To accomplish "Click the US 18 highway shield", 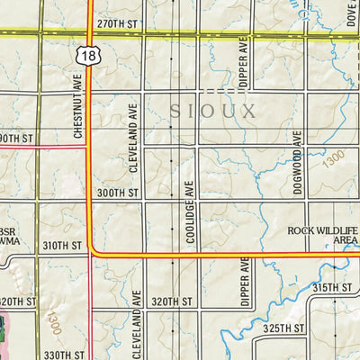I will click(87, 56).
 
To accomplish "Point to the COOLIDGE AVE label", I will click(190, 211).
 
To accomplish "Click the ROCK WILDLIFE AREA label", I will click(323, 236).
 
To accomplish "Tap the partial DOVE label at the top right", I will click(351, 13).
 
